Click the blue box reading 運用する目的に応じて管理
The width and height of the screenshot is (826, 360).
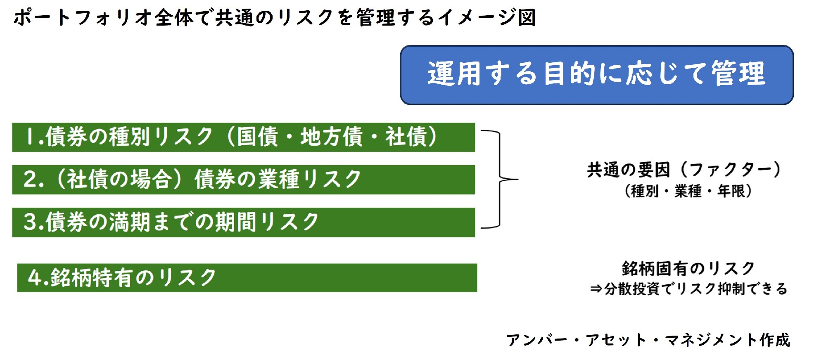(597, 75)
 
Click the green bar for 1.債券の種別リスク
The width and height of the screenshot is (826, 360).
(244, 137)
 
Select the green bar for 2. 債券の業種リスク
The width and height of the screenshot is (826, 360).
(244, 180)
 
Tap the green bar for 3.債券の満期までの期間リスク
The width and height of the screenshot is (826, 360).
(244, 222)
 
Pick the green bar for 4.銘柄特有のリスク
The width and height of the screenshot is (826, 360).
(247, 278)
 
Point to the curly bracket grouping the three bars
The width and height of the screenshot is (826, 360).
(500, 179)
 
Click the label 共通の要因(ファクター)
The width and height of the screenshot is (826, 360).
(684, 169)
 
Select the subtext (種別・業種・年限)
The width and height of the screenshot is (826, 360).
(688, 191)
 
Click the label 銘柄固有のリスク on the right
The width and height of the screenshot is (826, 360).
(688, 268)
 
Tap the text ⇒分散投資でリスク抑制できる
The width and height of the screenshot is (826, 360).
(688, 289)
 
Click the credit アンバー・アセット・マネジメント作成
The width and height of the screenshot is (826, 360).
(648, 340)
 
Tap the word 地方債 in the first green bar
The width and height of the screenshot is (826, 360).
(331, 137)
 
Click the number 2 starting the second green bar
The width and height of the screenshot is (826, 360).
(31, 179)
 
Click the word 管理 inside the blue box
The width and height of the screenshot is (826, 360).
(738, 73)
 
